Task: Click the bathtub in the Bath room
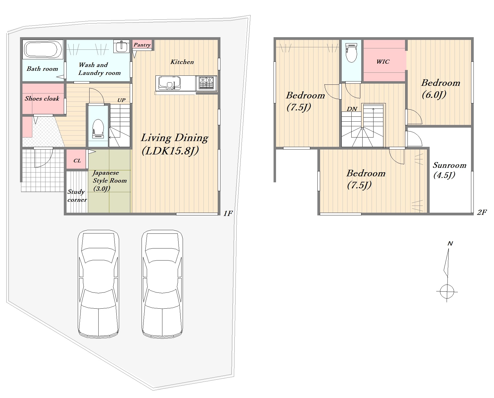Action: (42, 49)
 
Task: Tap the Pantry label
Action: (142, 45)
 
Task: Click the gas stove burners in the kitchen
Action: (206, 83)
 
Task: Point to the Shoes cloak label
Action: (42, 98)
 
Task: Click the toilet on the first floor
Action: (98, 128)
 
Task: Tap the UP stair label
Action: (121, 100)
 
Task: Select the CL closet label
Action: (77, 160)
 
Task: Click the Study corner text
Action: (77, 196)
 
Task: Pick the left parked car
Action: (98, 283)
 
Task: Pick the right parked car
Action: (162, 283)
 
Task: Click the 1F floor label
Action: (228, 213)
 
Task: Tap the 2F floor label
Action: (482, 212)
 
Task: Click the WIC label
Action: (383, 62)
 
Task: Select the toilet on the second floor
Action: (351, 52)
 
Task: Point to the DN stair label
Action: (352, 109)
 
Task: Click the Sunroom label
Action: (449, 165)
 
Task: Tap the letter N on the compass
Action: (450, 243)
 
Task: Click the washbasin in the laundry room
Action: (121, 46)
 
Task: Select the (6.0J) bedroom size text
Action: (434, 95)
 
